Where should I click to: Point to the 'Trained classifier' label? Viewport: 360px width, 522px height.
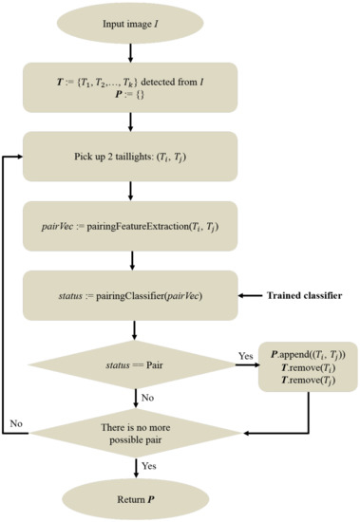[x=302, y=296]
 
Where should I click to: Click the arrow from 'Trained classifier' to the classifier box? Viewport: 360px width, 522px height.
[x=246, y=296]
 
